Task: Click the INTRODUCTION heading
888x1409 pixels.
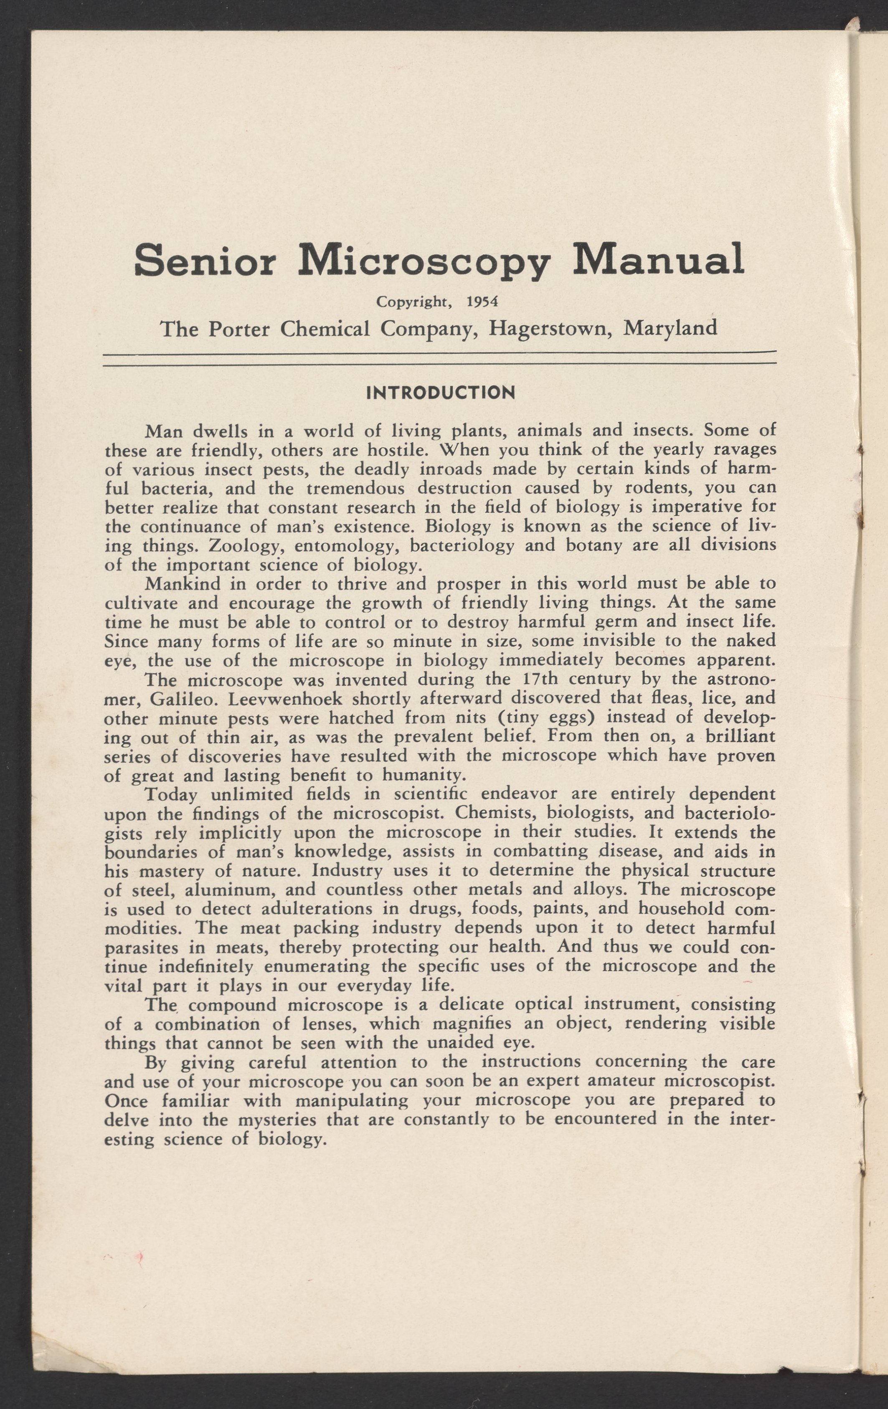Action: (x=440, y=392)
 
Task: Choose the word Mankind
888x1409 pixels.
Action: (x=181, y=584)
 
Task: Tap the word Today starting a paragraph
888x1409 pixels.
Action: (x=171, y=795)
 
